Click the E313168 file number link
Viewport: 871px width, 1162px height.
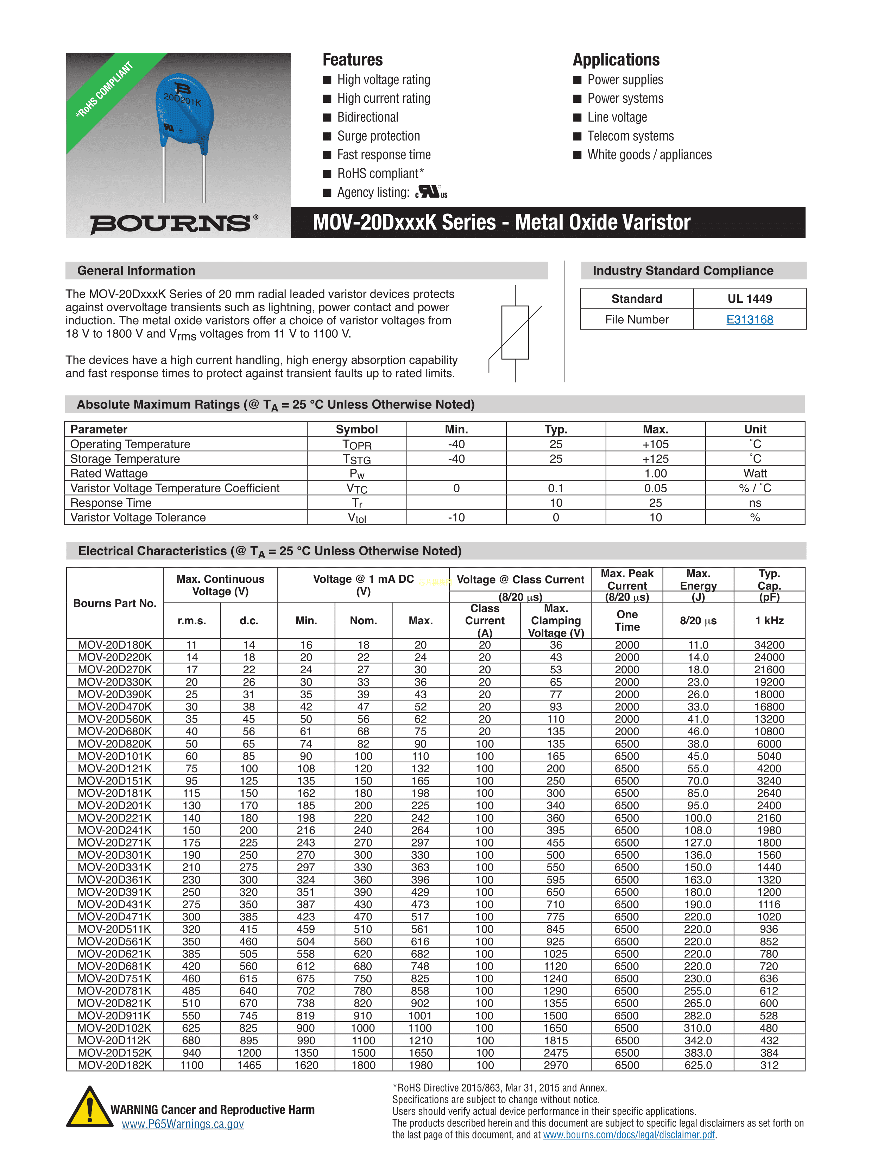[749, 319]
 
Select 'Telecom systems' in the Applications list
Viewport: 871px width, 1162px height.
[630, 136]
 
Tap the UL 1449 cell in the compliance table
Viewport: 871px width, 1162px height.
[749, 299]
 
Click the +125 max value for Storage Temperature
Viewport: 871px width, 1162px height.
[655, 458]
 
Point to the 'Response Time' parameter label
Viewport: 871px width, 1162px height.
[111, 503]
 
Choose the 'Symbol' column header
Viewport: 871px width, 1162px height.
[356, 429]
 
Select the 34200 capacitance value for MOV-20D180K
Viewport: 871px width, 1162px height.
[769, 645]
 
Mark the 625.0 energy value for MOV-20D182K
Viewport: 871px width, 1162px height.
[698, 1065]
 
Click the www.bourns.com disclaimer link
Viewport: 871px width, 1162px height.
[629, 1135]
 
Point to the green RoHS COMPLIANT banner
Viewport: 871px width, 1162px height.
[105, 89]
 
